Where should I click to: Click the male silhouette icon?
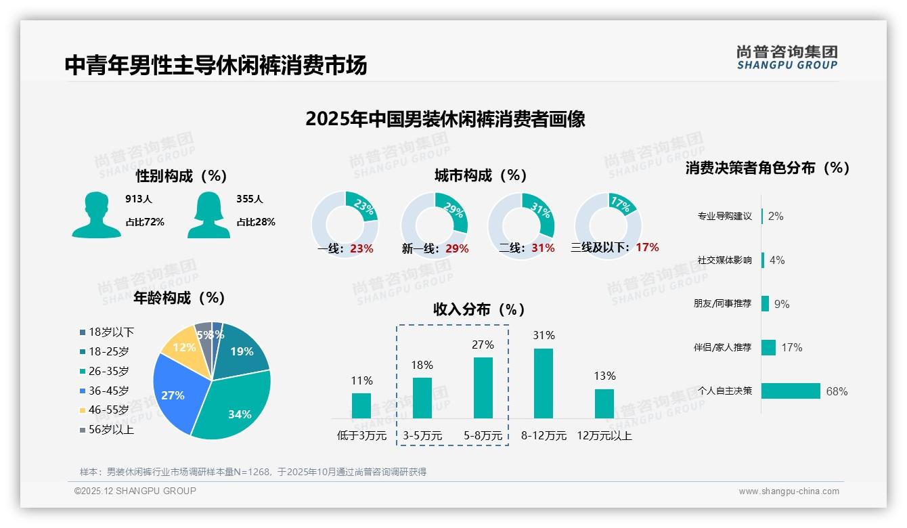96,215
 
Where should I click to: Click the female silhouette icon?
208,215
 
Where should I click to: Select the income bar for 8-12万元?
544,383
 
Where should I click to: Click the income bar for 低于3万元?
361,405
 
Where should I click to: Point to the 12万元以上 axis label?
604,436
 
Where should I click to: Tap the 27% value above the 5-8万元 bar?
483,345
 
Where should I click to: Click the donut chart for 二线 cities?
521,225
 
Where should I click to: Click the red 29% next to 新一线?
457,248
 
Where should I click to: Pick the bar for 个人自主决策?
791,391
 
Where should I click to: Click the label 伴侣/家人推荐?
722,347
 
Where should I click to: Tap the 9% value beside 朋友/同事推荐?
782,304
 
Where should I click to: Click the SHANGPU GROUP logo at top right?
787,58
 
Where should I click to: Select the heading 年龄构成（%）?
179,298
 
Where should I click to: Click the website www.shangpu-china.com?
789,491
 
